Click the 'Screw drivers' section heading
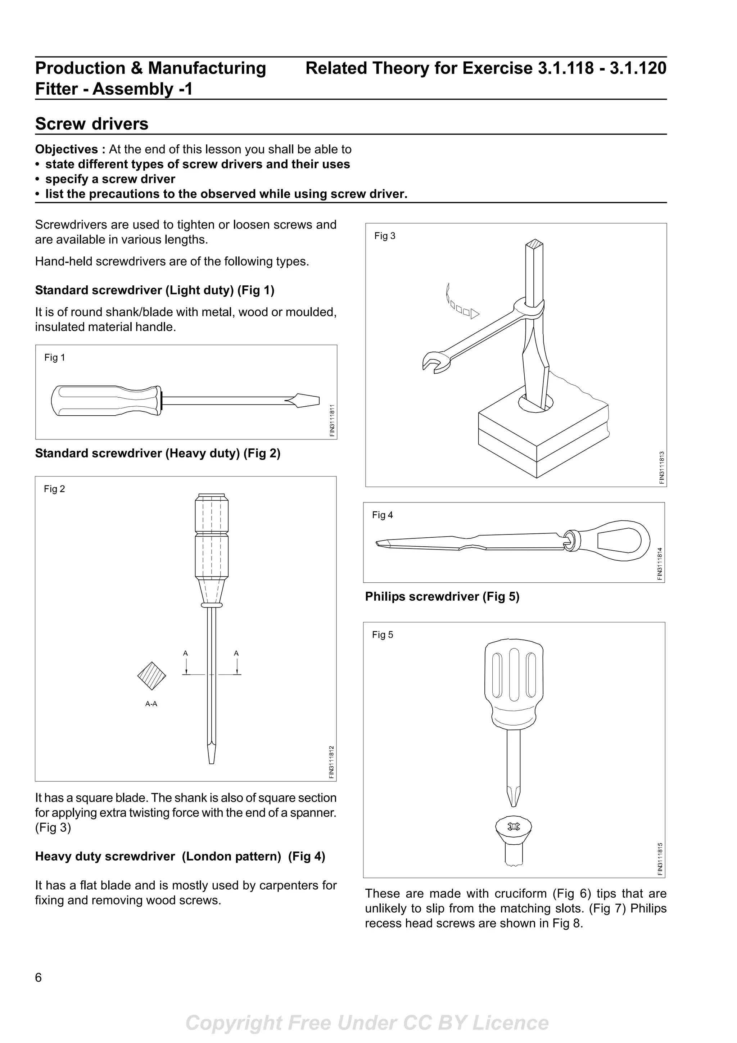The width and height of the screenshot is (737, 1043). pos(92,123)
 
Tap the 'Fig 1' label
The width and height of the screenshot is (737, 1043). pos(54,357)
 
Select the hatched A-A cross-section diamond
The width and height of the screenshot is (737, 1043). pos(152,676)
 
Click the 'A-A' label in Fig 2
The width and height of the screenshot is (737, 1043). pos(151,704)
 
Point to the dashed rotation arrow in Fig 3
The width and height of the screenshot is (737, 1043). pos(460,305)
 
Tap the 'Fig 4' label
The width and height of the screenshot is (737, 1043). pos(382,515)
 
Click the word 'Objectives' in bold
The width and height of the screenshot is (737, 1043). pos(66,149)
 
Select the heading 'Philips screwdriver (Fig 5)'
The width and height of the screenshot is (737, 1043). pos(442,596)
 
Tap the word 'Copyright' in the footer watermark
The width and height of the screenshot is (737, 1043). pos(234,1023)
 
